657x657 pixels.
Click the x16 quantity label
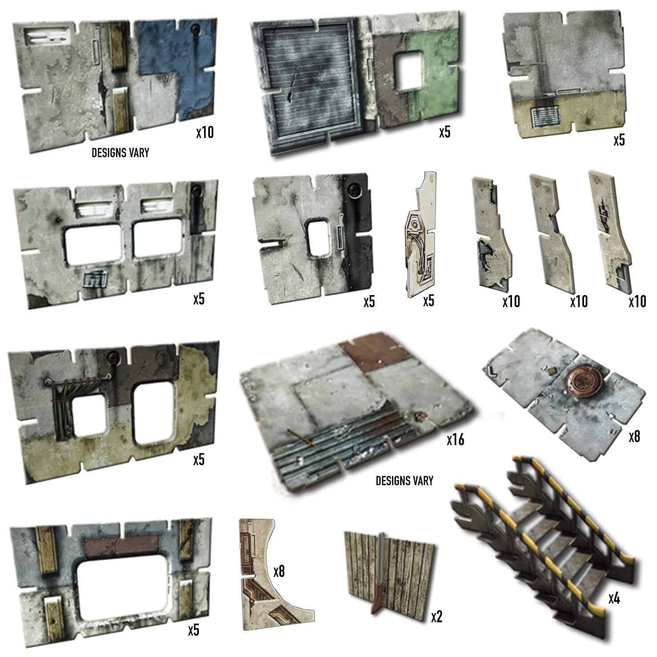click(x=455, y=440)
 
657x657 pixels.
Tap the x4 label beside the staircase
click(x=614, y=599)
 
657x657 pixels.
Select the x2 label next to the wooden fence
click(x=437, y=616)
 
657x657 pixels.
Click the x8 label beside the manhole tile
click(x=634, y=436)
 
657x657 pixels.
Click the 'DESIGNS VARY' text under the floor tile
click(x=404, y=481)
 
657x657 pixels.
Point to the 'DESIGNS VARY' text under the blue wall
click(x=120, y=153)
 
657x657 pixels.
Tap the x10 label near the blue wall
click(x=205, y=132)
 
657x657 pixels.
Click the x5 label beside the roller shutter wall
click(x=444, y=132)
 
